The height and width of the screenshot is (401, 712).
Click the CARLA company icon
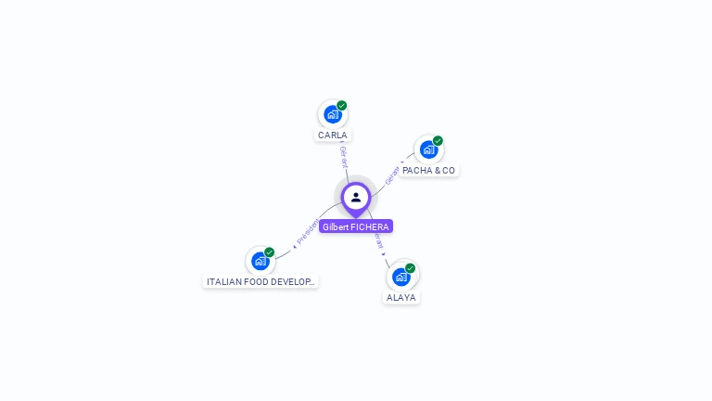[332, 114]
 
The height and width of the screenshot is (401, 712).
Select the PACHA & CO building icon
[427, 149]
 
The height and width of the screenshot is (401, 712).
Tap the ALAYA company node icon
[400, 276]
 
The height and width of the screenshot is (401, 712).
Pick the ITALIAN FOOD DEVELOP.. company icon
[261, 261]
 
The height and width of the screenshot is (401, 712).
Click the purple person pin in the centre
[356, 198]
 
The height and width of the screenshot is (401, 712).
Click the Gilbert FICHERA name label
[356, 226]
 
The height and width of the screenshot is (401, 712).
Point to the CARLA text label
[333, 136]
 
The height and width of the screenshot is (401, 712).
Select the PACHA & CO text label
[428, 171]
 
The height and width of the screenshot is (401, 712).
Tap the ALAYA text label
[401, 298]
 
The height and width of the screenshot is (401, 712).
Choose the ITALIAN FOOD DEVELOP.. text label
[261, 281]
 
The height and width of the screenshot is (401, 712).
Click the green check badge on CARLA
[342, 106]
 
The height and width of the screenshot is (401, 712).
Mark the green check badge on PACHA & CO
[438, 141]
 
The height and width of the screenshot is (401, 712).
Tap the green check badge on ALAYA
[410, 268]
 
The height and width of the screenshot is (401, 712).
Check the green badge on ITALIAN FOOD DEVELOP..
[270, 252]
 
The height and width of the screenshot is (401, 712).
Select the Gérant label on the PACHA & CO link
[392, 174]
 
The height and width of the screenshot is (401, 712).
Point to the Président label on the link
[307, 232]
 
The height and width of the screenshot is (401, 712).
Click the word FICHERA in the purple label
[370, 226]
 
